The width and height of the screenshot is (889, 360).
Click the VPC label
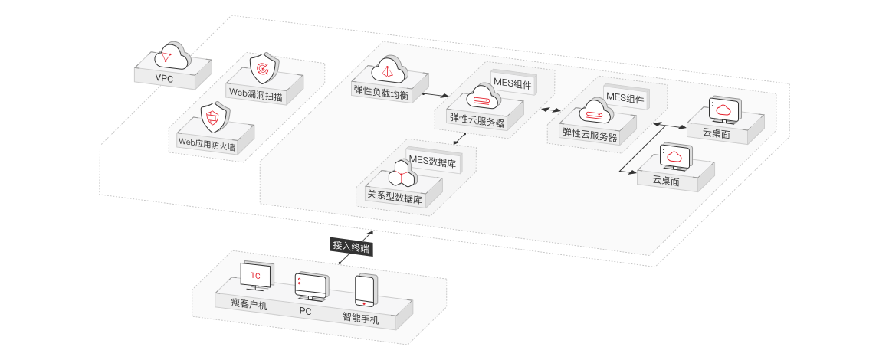coord(164,79)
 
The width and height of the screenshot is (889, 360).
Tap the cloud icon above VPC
coord(172,55)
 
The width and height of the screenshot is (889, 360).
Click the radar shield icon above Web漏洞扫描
coord(264,69)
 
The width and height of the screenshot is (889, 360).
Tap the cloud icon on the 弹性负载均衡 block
coord(389,69)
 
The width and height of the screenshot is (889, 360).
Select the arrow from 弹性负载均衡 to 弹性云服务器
coord(435,93)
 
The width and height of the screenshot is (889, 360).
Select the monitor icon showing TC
coord(257,276)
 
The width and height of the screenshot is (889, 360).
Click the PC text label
coord(306,311)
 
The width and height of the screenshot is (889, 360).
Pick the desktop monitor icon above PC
coord(310,287)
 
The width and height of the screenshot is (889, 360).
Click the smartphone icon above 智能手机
coord(365,291)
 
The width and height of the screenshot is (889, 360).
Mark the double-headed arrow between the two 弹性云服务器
coord(550,110)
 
